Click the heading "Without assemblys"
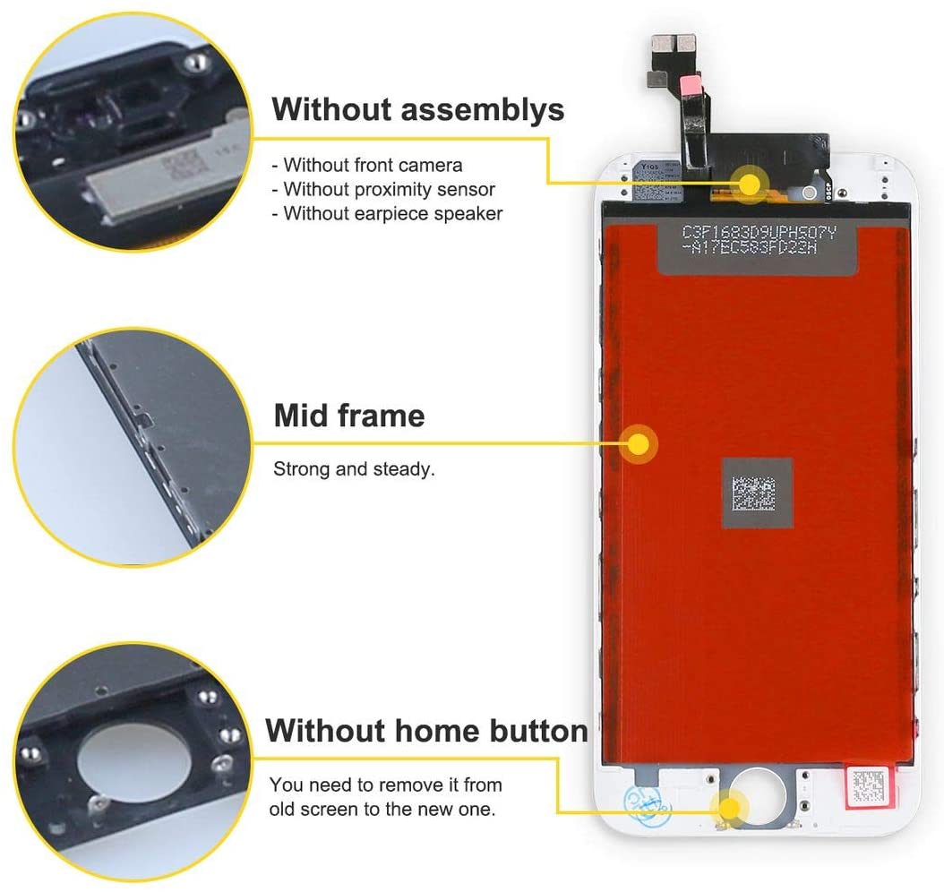pyautogui.click(x=418, y=109)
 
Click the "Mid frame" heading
pyautogui.click(x=348, y=416)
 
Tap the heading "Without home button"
pyautogui.click(x=426, y=731)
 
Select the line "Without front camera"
pyautogui.click(x=373, y=165)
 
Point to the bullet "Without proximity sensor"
pyautogui.click(x=389, y=189)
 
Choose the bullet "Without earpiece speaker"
pyautogui.click(x=392, y=213)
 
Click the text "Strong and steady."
pyautogui.click(x=354, y=468)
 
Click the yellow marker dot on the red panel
pyautogui.click(x=639, y=443)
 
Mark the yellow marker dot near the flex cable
pyautogui.click(x=750, y=183)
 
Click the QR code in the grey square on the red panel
pyautogui.click(x=757, y=493)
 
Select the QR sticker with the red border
pyautogui.click(x=871, y=786)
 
